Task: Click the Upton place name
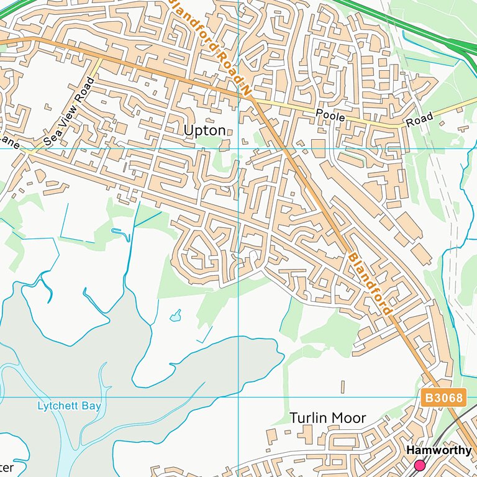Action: coord(204,130)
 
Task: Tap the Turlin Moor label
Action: coord(327,418)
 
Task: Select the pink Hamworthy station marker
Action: coord(420,465)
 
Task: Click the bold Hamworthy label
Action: coord(438,451)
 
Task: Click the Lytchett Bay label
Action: coord(69,406)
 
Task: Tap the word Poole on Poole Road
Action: coord(329,116)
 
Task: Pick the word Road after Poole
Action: coord(419,120)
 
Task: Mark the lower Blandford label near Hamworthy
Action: coord(370,283)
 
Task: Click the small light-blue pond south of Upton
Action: coord(176,317)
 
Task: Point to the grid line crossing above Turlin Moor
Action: coord(239,397)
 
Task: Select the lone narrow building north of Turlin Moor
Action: coord(342,387)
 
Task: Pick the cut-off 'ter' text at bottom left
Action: coord(6,466)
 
